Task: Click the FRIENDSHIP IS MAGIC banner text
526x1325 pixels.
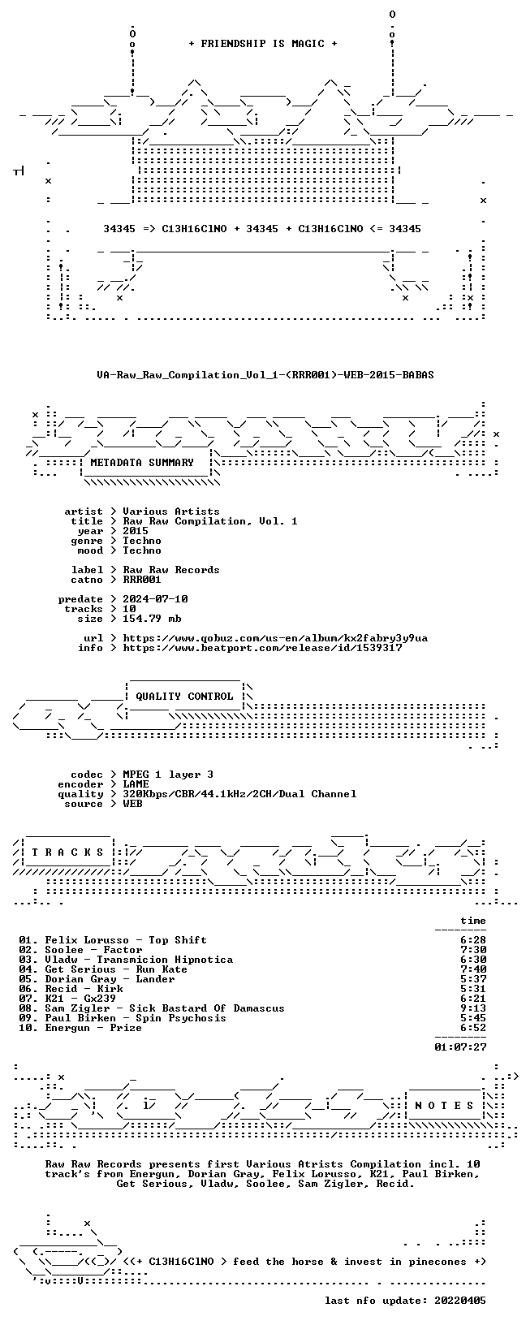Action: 263,44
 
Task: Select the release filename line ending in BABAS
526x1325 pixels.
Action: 265,375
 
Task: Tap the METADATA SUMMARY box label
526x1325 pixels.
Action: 142,463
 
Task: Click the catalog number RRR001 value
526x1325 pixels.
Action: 142,580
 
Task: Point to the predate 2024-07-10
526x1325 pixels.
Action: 155,599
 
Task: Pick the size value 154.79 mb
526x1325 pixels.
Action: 152,619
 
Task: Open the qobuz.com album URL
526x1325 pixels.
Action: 275,638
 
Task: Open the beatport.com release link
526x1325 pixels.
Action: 262,648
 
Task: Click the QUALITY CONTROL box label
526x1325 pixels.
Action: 184,697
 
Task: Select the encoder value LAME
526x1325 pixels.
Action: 136,784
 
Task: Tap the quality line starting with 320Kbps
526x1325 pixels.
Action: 239,794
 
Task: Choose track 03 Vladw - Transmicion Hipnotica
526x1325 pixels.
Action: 126,960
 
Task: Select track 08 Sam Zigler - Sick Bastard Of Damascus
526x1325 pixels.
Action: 152,1008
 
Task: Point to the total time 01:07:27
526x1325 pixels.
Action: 460,1047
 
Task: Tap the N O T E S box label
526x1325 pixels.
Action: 444,1106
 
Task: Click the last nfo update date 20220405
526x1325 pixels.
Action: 460,1300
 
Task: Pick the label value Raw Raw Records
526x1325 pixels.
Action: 171,570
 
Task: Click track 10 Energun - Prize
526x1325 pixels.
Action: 80,1028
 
